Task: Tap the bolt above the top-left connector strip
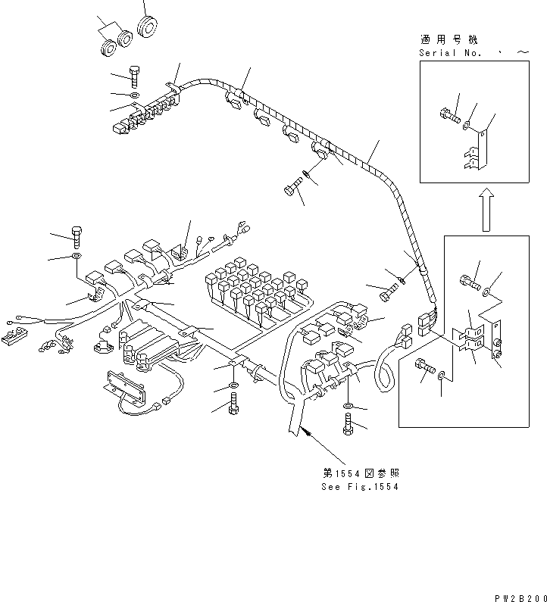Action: pyautogui.click(x=135, y=75)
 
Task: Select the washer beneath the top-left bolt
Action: pyautogui.click(x=134, y=95)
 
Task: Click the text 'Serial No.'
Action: pyautogui.click(x=445, y=52)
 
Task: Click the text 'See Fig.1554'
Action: pyautogui.click(x=360, y=486)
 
